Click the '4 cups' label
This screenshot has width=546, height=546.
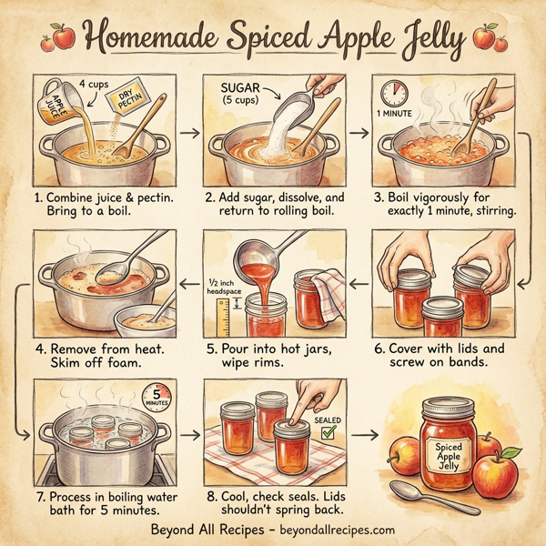click(95, 84)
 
